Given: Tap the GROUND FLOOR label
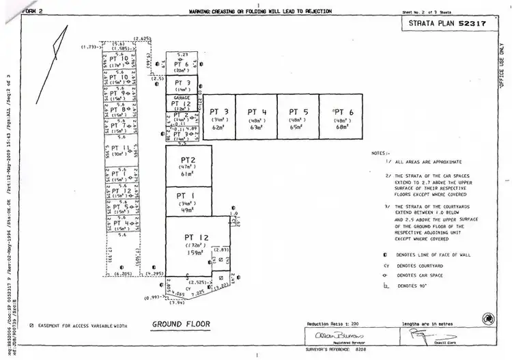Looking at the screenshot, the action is pos(181,324).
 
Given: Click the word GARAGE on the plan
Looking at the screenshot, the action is pos(182,98).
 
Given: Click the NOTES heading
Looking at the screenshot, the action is pos(380,154).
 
